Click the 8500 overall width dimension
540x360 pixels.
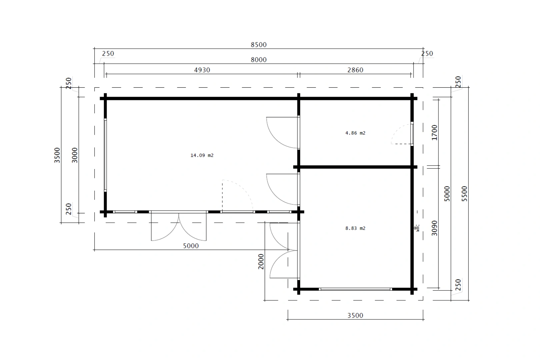(x=258, y=45)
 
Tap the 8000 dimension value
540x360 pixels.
(x=258, y=60)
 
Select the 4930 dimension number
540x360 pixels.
(x=202, y=70)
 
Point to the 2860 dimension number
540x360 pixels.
(x=355, y=70)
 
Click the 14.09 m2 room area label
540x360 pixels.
(x=202, y=155)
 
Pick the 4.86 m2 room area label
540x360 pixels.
(x=355, y=133)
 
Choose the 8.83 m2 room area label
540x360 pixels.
(x=355, y=228)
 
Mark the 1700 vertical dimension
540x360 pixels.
(x=434, y=132)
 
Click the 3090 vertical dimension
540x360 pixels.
(x=434, y=228)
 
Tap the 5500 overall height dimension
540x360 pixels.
(x=464, y=193)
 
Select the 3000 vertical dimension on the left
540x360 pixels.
(x=75, y=155)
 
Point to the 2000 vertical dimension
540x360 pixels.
(x=261, y=261)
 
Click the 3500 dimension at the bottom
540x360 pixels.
(x=355, y=315)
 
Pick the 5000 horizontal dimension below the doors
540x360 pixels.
(x=191, y=246)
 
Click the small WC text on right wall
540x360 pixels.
(x=417, y=228)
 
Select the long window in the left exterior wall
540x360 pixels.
(x=105, y=155)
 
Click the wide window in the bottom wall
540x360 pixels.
(x=355, y=289)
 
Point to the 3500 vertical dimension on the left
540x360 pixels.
(x=57, y=155)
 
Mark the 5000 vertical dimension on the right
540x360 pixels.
(x=447, y=193)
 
